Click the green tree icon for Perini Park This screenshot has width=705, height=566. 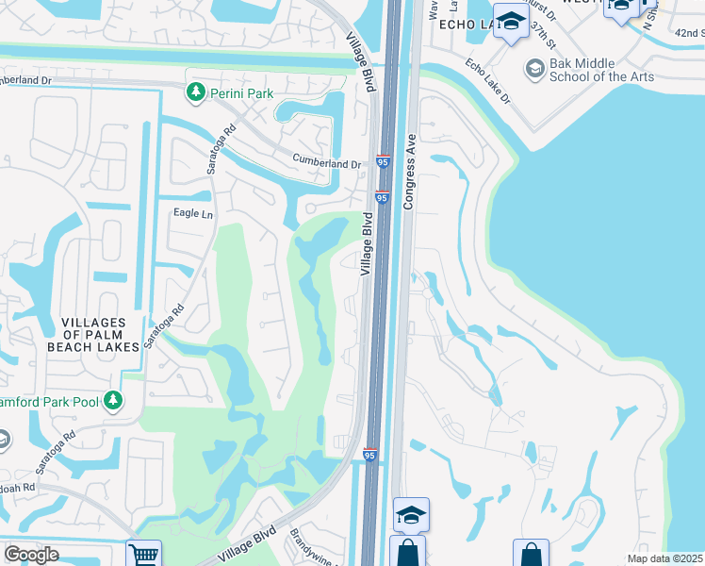click(196, 92)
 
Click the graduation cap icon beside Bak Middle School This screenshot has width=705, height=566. click(534, 68)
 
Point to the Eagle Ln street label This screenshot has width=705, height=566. click(193, 214)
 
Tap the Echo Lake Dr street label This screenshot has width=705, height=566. click(487, 82)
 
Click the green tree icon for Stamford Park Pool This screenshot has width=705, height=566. click(113, 402)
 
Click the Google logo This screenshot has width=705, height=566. click(31, 555)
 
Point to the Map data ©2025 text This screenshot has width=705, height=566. click(664, 558)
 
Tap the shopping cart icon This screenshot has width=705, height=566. click(143, 555)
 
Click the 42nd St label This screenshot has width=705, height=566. click(689, 32)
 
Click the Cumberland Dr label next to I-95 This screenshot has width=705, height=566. click(326, 164)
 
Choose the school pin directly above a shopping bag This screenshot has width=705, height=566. click(411, 515)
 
